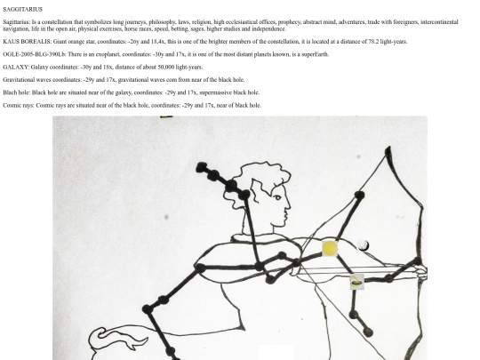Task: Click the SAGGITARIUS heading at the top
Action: [22, 10]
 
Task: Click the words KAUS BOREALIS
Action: [27, 42]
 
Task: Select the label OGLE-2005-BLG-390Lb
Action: [34, 54]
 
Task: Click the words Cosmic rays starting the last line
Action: [18, 105]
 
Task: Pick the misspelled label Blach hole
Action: [16, 92]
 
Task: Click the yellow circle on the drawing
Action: [330, 248]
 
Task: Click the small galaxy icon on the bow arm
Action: [357, 282]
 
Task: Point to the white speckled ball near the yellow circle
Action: [363, 245]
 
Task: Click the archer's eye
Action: [277, 197]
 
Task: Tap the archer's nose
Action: [288, 207]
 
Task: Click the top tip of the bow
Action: [388, 147]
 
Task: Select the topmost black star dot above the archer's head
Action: [202, 167]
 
